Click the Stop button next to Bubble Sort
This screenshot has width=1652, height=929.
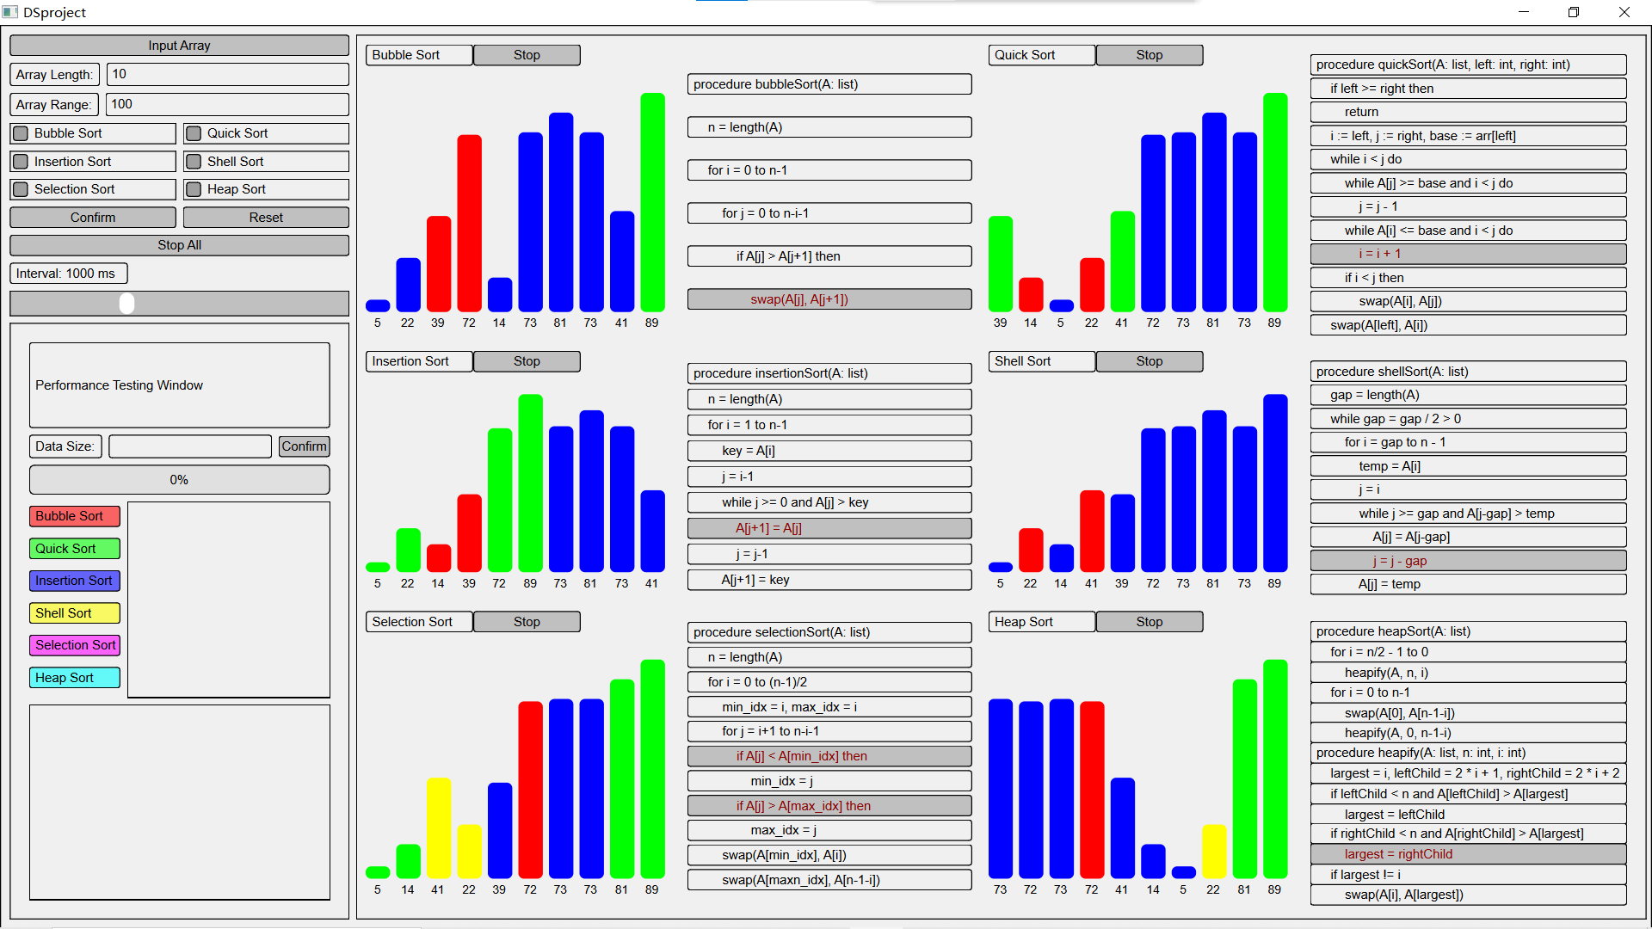pyautogui.click(x=527, y=55)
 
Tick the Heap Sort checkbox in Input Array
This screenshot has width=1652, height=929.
pyautogui.click(x=194, y=189)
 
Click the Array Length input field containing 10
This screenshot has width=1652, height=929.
pyautogui.click(x=227, y=75)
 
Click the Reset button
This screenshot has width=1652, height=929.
pyautogui.click(x=266, y=218)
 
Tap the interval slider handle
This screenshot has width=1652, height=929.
pyautogui.click(x=127, y=303)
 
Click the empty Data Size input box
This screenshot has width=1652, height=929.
pyautogui.click(x=190, y=446)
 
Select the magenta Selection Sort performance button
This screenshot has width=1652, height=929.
pyautogui.click(x=75, y=645)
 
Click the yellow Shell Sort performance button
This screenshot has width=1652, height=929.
pyautogui.click(x=75, y=613)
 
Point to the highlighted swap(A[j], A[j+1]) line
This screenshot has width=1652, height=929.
pyautogui.click(x=829, y=299)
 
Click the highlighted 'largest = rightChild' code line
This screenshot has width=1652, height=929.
pyautogui.click(x=1467, y=854)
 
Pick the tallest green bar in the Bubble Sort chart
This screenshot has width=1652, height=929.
pyautogui.click(x=652, y=202)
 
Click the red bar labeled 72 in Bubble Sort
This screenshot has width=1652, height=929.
pyautogui.click(x=469, y=223)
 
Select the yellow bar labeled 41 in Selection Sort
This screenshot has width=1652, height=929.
pyautogui.click(x=438, y=827)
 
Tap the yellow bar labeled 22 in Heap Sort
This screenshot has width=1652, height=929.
pyautogui.click(x=1213, y=851)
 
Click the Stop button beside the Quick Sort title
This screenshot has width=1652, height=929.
pyautogui.click(x=1149, y=55)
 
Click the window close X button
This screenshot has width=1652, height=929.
pyautogui.click(x=1624, y=12)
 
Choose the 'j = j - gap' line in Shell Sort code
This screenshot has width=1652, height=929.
pyautogui.click(x=1467, y=561)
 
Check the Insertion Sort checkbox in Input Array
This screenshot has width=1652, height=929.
pyautogui.click(x=22, y=162)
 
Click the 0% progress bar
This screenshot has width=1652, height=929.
pyautogui.click(x=179, y=480)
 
